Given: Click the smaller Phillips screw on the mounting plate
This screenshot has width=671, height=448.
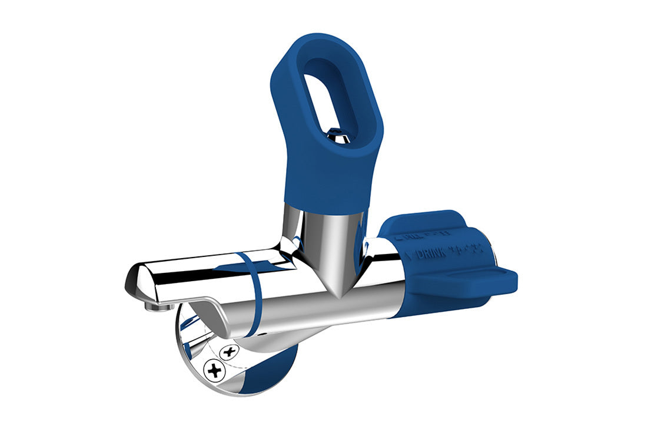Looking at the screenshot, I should (x=229, y=352).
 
